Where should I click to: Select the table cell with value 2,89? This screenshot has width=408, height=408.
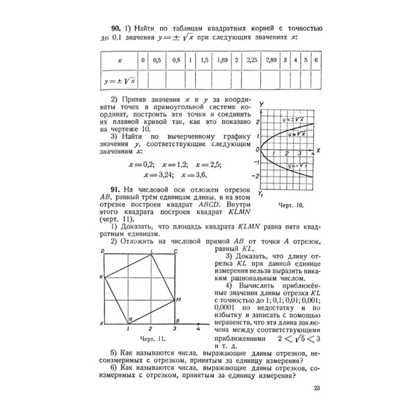click(270, 60)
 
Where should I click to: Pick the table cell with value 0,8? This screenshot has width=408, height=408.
click(176, 60)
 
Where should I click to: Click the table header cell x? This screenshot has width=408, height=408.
click(119, 60)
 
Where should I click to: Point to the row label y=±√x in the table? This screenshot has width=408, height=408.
click(119, 80)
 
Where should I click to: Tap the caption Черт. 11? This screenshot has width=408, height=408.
click(143, 339)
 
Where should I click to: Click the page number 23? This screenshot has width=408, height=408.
click(316, 390)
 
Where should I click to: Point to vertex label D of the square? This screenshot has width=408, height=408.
click(103, 251)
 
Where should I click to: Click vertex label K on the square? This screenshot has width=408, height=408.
click(101, 276)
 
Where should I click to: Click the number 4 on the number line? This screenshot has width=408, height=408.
click(198, 330)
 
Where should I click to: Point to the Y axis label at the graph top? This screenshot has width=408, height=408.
click(261, 104)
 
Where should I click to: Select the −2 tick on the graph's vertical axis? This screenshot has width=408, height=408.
click(258, 176)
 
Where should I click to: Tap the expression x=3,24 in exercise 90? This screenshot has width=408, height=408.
click(155, 175)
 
